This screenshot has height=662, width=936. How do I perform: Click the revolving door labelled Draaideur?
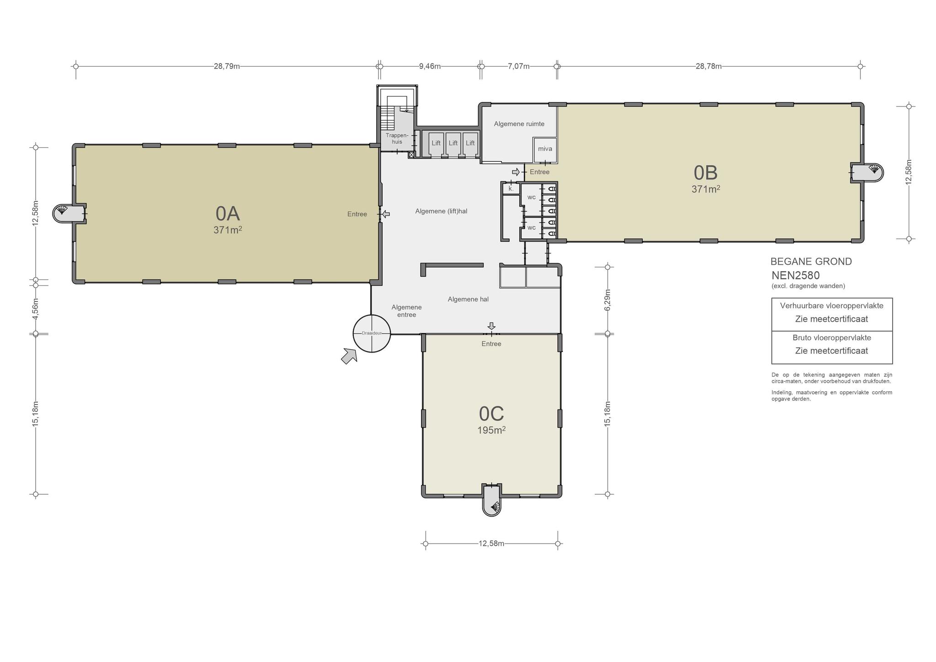[x=372, y=333]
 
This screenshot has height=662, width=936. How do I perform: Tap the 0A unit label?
[x=228, y=214]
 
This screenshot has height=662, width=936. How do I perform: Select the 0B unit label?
[x=706, y=173]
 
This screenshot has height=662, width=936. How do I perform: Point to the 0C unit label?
[x=491, y=414]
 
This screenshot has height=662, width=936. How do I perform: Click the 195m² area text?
[x=491, y=430]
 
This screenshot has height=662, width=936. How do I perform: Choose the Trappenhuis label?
[x=397, y=139]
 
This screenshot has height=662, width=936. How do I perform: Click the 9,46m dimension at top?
[x=430, y=66]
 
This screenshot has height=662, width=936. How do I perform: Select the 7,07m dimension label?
[x=519, y=66]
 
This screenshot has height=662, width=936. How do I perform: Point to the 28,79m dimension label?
[x=227, y=66]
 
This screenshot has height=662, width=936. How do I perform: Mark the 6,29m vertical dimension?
[x=607, y=300]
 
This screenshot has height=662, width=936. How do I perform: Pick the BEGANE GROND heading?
[x=811, y=262]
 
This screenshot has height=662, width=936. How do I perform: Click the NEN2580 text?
[x=796, y=275]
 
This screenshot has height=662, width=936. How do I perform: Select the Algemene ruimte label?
[x=519, y=124]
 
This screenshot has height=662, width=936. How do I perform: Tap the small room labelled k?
[x=511, y=188]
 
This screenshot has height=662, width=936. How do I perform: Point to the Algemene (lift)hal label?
[x=441, y=211]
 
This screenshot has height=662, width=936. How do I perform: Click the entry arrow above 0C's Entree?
[x=491, y=326]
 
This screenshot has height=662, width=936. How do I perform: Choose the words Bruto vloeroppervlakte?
[x=832, y=338]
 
